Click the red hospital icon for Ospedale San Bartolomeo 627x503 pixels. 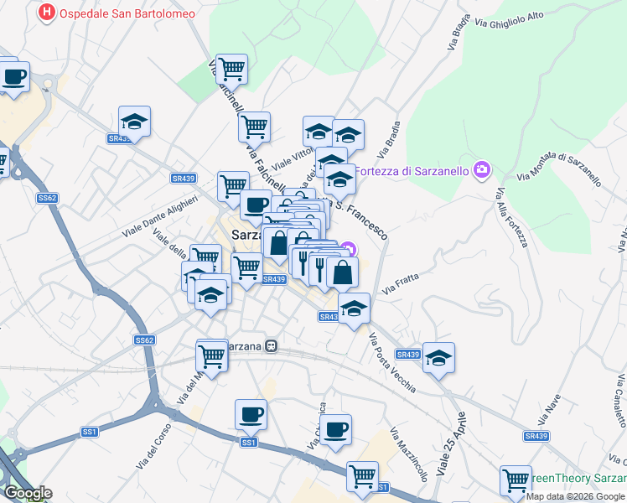pos(49,13)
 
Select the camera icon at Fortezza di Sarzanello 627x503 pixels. pos(481,170)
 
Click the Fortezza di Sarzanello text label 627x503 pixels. pos(412,171)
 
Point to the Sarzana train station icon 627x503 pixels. pos(272,345)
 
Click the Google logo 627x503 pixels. pos(27,493)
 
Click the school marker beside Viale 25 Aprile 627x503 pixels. pos(438,358)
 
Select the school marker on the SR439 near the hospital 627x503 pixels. pos(134,122)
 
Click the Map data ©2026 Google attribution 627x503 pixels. pos(576,496)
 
